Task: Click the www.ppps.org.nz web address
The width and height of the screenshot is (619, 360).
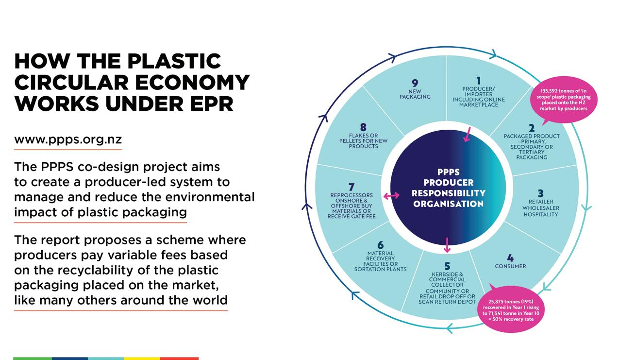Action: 67,139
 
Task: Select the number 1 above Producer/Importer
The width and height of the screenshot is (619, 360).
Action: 478,81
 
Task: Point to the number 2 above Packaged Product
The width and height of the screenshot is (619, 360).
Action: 532,128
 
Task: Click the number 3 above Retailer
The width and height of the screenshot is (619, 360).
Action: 540,194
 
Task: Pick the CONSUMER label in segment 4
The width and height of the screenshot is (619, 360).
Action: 510,266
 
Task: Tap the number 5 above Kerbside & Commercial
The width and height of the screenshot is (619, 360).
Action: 447,267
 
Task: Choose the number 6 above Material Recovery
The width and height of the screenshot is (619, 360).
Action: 381,246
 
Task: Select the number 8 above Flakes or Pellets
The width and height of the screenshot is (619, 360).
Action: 363,128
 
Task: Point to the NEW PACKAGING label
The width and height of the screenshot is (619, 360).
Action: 415,94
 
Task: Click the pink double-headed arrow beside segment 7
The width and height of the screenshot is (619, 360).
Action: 391,196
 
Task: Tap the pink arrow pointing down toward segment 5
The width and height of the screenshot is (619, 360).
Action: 447,245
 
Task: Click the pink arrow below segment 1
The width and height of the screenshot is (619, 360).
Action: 468,134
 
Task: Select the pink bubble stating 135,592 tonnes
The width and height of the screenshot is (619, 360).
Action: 563,100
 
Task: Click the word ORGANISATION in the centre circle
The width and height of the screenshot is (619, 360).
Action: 448,204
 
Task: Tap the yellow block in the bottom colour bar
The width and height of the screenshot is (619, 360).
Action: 142,359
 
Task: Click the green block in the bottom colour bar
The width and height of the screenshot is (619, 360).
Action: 33,359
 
